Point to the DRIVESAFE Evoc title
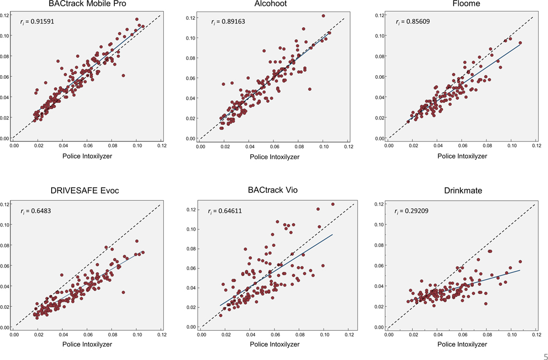[86, 190]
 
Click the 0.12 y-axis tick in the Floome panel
[380, 15]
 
